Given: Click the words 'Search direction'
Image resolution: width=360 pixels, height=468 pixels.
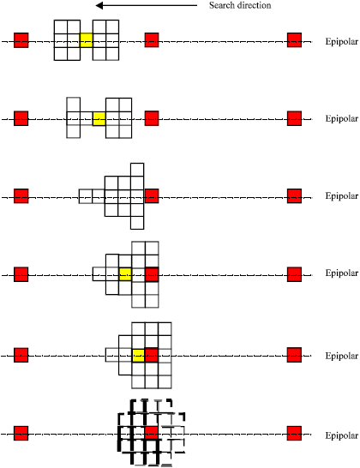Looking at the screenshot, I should click(x=240, y=6).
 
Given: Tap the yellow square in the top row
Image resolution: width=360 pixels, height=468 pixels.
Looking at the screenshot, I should click(x=87, y=39).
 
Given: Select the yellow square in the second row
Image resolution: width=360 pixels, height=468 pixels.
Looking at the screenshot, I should click(x=99, y=118).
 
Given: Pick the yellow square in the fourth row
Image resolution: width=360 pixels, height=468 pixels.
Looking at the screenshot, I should click(x=125, y=274).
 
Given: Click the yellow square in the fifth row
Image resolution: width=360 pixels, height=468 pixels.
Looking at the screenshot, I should click(x=139, y=354).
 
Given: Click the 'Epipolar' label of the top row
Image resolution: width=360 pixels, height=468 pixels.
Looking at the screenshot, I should click(x=341, y=41).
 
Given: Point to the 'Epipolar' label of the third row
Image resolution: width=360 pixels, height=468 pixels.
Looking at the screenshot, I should click(x=341, y=196).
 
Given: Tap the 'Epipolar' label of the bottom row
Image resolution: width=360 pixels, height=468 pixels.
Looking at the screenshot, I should click(x=341, y=435).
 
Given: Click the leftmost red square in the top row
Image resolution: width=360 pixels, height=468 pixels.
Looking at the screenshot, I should click(x=21, y=40).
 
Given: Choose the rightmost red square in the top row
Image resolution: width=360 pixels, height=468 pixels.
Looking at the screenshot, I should click(x=294, y=40).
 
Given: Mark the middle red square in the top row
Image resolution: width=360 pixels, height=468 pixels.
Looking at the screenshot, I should click(x=152, y=40).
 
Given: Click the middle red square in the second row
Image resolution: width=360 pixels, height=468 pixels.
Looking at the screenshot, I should click(x=152, y=118).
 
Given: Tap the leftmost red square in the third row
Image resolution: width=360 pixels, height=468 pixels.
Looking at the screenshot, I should click(x=21, y=196).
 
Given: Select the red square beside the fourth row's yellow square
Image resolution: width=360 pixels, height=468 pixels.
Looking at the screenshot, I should click(x=152, y=274).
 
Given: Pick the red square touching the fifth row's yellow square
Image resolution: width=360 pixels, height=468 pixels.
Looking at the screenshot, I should click(x=152, y=354).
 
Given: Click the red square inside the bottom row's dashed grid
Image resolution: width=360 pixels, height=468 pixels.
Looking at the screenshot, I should click(x=152, y=433).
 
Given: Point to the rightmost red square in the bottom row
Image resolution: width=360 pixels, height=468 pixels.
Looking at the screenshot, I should click(x=294, y=433).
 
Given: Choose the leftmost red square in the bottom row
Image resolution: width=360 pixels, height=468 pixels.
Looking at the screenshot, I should click(x=21, y=433).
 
